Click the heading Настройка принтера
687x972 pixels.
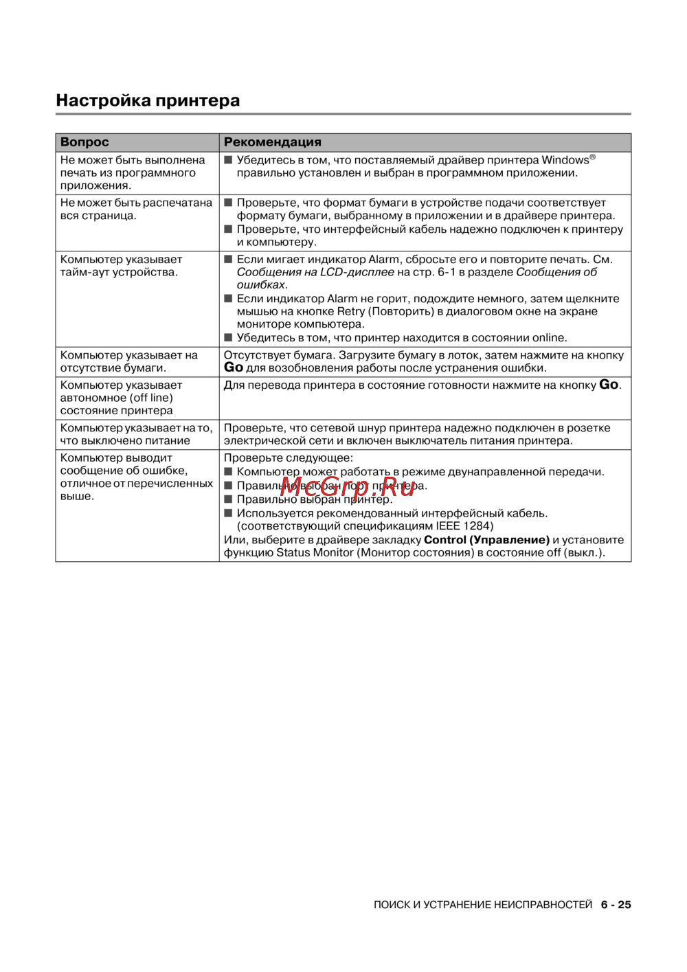pos(148,100)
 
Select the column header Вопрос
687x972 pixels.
pos(85,142)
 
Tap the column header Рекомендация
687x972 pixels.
pos(272,142)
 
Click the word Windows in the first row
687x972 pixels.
pos(565,160)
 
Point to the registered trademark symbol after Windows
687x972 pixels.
pos(593,157)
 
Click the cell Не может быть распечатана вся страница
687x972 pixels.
pos(136,209)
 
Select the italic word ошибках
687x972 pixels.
pos(260,284)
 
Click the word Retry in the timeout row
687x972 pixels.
pos(350,311)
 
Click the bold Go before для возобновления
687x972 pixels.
pos(234,368)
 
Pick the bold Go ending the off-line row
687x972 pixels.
pos(609,385)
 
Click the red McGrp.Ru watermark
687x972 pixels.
pos(348,487)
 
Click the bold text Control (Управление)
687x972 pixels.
pos(486,540)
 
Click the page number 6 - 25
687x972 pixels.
pos(616,905)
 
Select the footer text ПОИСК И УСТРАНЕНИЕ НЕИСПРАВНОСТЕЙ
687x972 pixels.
pos(482,905)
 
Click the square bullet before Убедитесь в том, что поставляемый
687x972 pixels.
pos(229,160)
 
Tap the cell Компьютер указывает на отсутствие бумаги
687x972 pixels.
pos(129,361)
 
